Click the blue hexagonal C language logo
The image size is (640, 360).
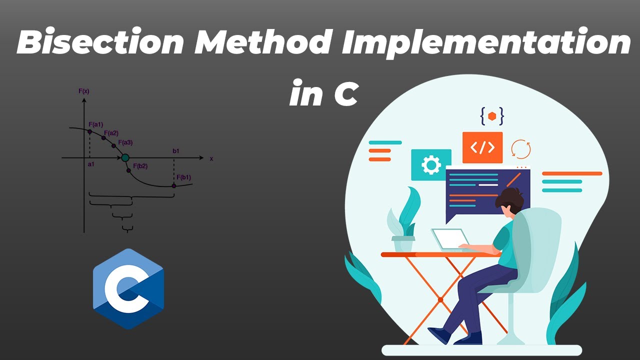(128, 288)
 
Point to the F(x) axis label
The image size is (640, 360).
(83, 91)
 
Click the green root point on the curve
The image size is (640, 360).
(125, 158)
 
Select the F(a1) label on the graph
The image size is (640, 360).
(95, 124)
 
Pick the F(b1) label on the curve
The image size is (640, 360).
(183, 177)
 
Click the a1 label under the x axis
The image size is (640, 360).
(91, 164)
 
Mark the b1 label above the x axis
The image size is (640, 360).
(176, 151)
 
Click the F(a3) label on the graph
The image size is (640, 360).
(125, 142)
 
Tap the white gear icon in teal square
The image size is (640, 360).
(431, 165)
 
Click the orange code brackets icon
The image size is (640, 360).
(482, 147)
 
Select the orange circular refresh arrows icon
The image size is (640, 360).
(521, 149)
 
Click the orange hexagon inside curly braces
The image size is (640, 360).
(492, 116)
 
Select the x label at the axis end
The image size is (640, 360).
(211, 158)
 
